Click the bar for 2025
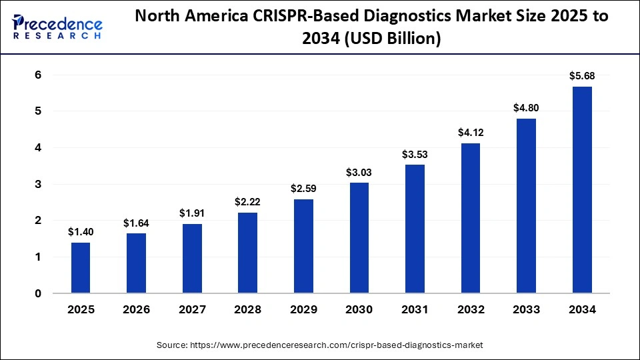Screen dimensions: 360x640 80,268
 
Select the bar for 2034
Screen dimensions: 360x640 582,190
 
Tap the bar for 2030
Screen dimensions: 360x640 359,238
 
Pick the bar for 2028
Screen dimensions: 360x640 247,253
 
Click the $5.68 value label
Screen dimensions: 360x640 582,76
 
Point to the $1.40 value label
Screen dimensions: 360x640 80,232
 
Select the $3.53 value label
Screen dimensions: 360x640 415,155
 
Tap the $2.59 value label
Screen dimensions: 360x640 303,189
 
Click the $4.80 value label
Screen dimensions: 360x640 526,108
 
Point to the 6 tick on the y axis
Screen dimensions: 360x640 38,75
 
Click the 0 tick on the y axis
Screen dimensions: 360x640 38,293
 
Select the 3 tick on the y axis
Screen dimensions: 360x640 38,184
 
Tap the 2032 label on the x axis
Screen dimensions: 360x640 471,309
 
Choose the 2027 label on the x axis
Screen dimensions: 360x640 191,309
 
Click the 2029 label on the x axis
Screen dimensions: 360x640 303,309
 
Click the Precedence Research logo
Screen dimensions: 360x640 57,27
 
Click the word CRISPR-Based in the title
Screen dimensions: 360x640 297,17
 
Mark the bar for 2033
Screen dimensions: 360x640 526,206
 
